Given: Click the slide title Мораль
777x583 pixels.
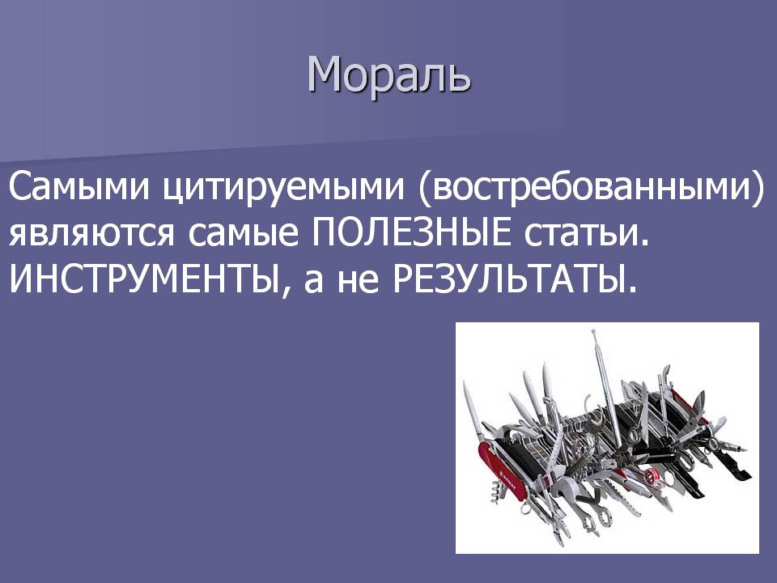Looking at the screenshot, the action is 389,75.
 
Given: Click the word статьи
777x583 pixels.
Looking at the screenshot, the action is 586,233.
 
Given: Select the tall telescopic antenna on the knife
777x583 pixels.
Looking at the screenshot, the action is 605,381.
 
